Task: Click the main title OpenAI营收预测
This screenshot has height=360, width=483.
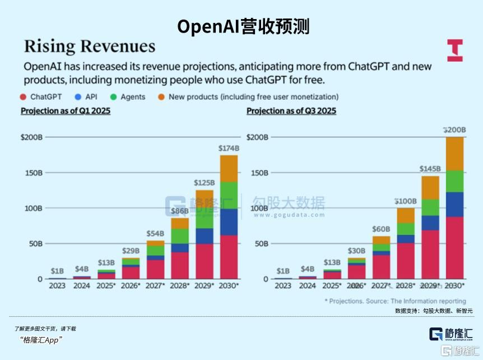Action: (243, 26)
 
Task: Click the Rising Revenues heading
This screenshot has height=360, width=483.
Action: (89, 47)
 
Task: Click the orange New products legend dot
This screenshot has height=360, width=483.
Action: (161, 97)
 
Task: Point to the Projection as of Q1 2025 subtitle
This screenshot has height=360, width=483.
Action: (66, 111)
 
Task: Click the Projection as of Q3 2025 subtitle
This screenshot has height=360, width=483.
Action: (291, 111)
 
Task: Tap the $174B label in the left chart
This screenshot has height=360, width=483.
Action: (229, 148)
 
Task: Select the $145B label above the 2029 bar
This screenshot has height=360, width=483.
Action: (430, 169)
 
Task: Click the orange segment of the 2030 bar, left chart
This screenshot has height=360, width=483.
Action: (229, 168)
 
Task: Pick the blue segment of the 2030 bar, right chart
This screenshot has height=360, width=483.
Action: (454, 204)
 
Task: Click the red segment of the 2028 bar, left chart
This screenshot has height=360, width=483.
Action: (180, 265)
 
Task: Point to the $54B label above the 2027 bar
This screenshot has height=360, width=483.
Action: (155, 233)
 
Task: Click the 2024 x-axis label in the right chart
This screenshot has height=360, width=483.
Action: (308, 285)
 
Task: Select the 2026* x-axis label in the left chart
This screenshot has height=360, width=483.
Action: (131, 285)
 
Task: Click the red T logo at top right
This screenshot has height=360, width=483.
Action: (454, 50)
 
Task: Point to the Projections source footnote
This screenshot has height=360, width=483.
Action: (395, 301)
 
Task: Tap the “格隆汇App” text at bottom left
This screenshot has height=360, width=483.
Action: (40, 340)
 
